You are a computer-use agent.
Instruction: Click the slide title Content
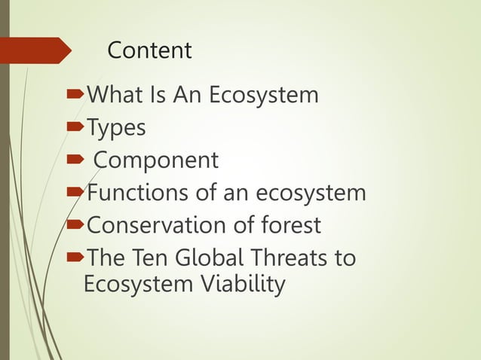(149, 50)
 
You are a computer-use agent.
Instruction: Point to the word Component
(156, 160)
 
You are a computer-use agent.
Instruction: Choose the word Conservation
(162, 225)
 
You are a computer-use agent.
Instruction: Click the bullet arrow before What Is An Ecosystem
(75, 96)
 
